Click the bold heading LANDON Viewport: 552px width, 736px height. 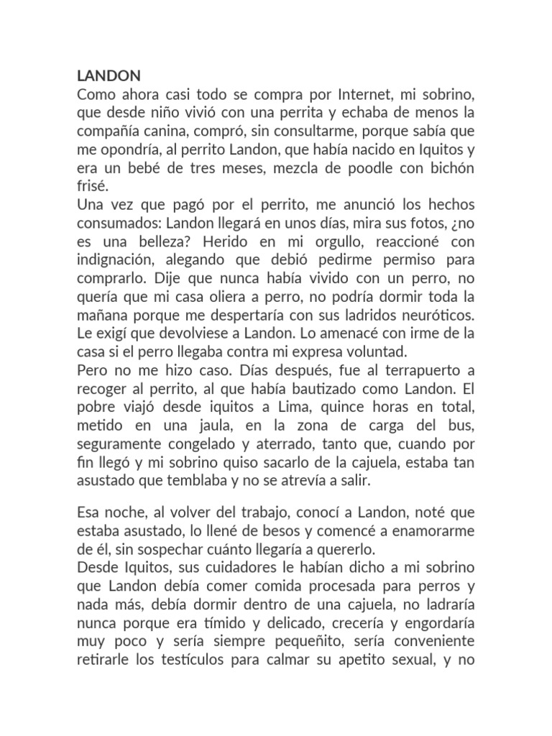click(109, 75)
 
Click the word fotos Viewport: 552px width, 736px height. click(403, 223)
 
